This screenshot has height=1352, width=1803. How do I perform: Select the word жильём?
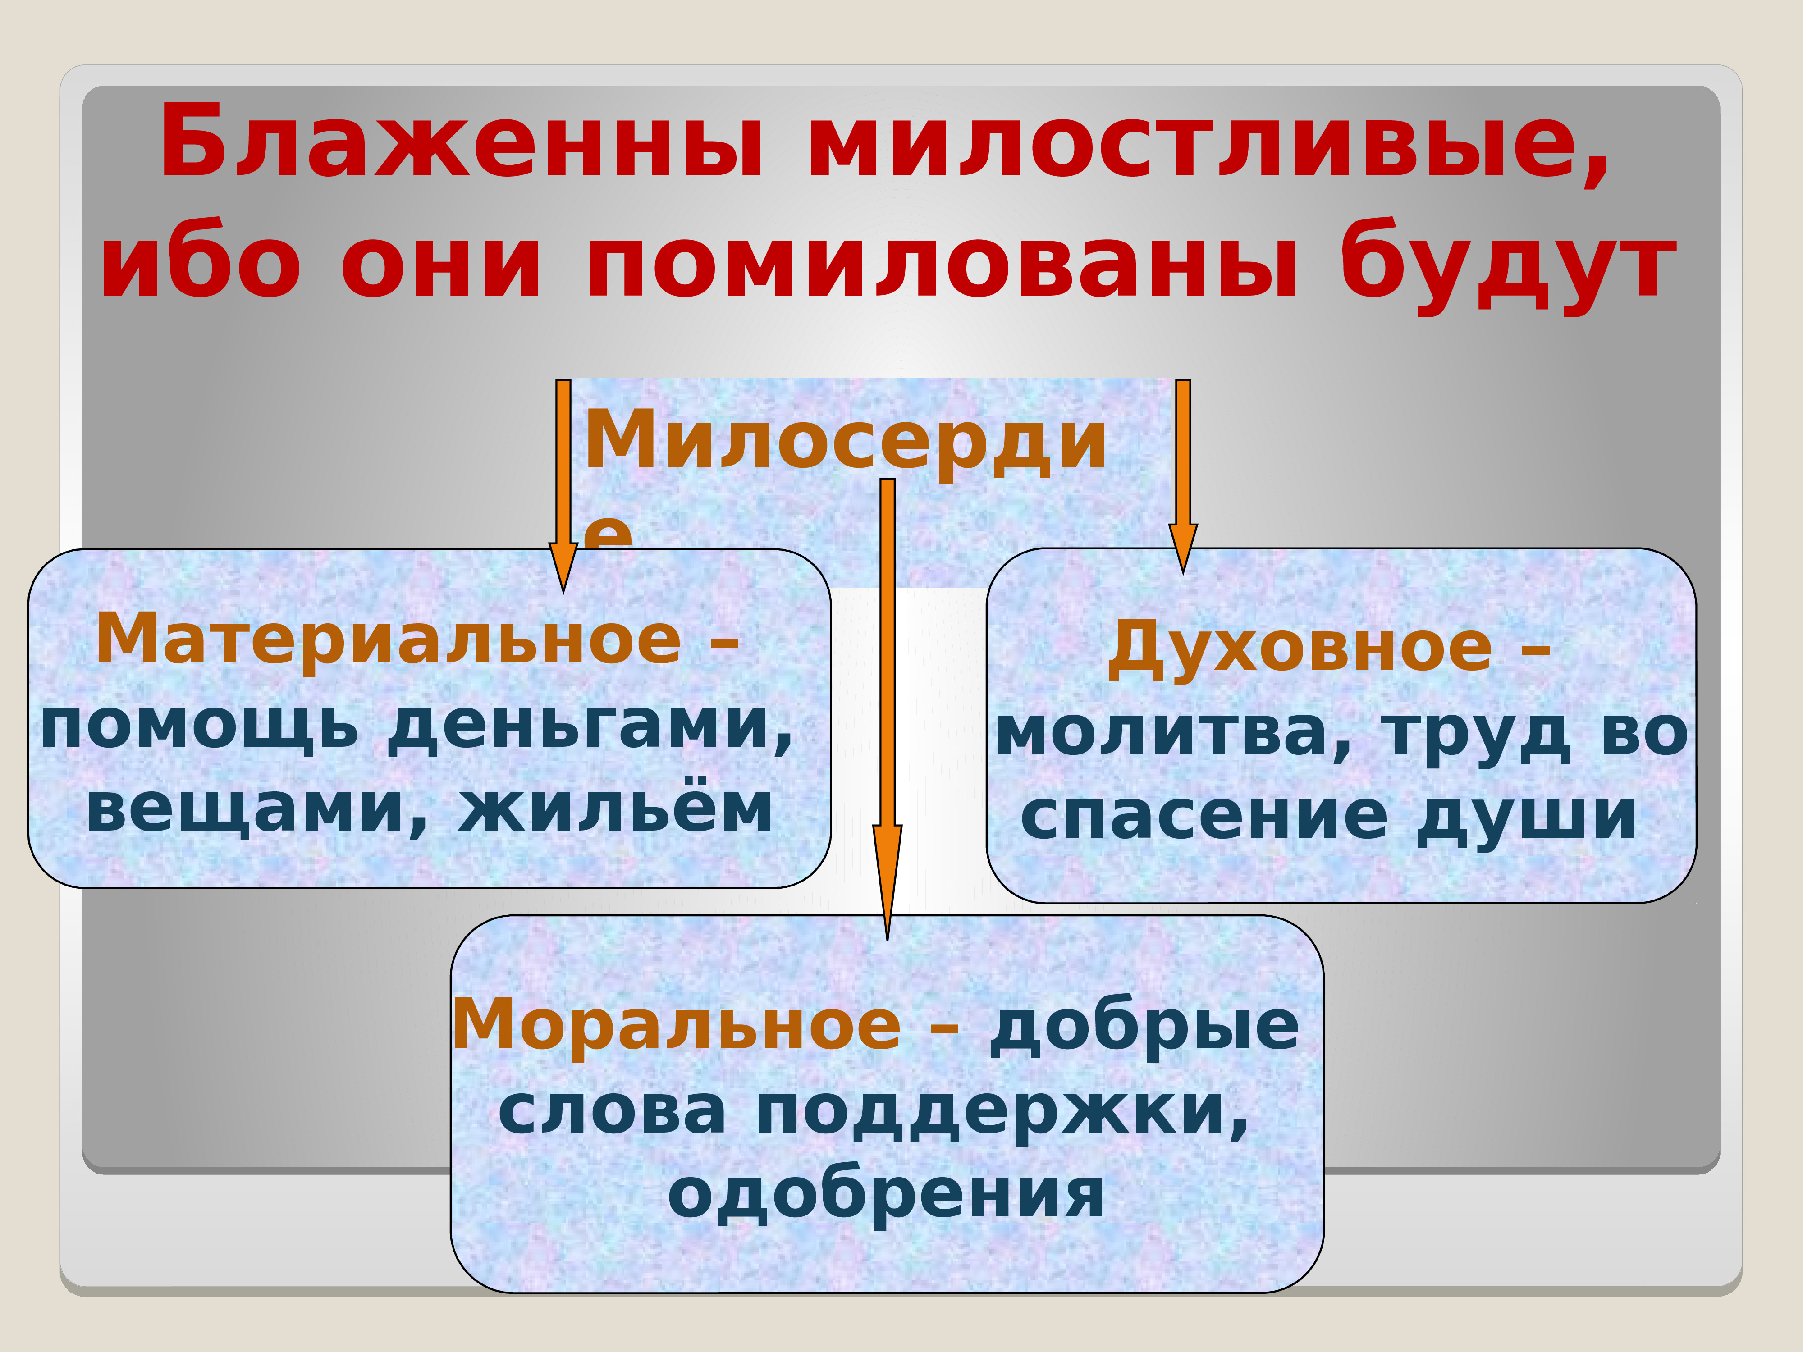click(615, 811)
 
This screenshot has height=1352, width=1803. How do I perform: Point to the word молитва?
click(1174, 733)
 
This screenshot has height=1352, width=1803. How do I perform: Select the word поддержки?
click(1002, 1112)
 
